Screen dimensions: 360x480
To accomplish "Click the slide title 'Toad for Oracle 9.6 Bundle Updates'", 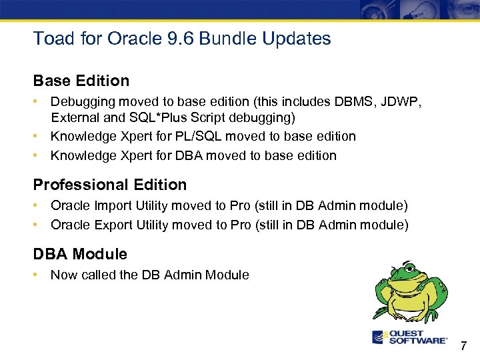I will point(182,39).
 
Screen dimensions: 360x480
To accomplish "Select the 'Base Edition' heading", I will point(81,81).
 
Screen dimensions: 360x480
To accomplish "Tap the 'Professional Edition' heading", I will point(110,185).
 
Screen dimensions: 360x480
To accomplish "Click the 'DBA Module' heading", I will point(80,254).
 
